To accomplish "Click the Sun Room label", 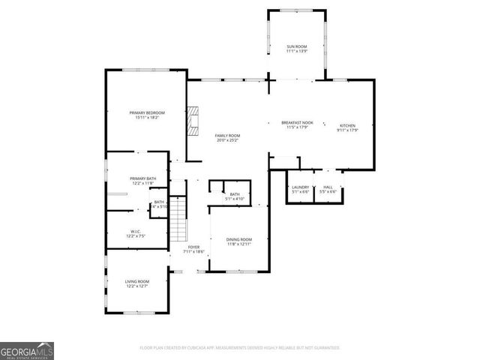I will (296, 46).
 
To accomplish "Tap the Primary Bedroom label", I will (145, 112).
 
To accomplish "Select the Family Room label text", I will (227, 135).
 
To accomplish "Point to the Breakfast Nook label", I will (297, 122).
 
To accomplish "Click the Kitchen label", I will (347, 125).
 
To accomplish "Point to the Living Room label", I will (136, 281).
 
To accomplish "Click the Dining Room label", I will (238, 239).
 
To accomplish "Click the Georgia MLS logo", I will (27, 350).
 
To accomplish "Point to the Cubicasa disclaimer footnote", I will (240, 348).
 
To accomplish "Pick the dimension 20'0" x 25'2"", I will (227, 140).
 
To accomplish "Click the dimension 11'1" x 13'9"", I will (296, 52).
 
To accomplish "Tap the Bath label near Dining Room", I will (235, 194).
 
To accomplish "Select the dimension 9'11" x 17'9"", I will (347, 130).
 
